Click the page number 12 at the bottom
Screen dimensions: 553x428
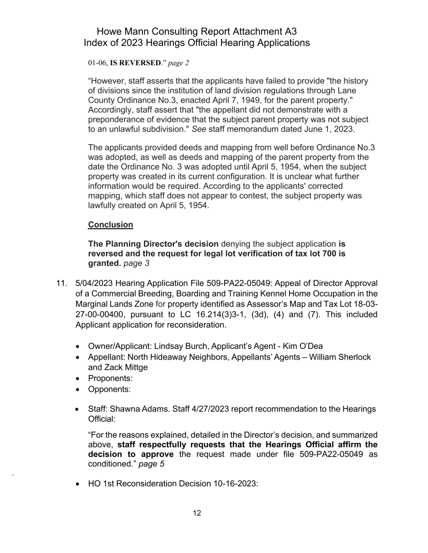click(x=197, y=513)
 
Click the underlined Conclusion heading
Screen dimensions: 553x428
click(x=110, y=224)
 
